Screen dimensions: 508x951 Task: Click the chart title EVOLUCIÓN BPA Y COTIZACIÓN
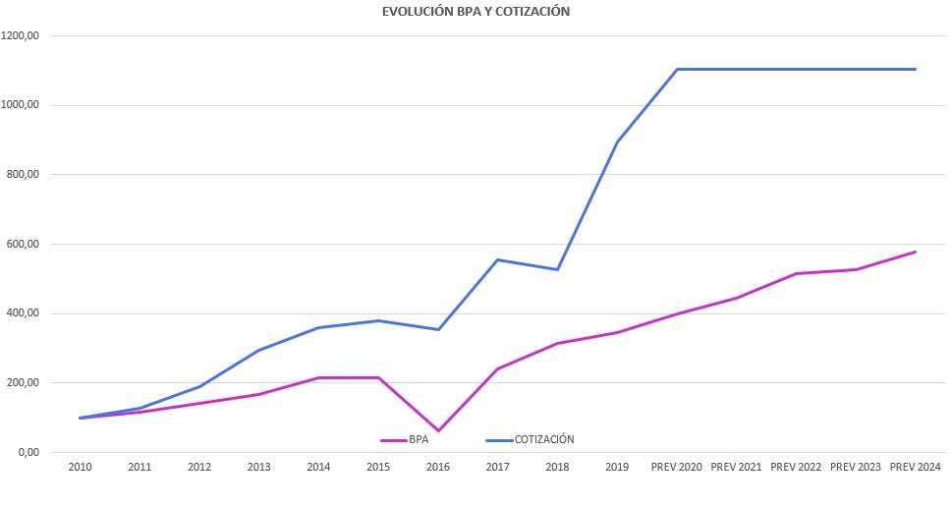point(475,12)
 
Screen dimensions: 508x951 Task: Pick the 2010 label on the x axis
point(80,467)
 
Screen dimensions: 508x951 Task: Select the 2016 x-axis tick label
point(438,467)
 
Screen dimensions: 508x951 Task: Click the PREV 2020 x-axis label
point(677,467)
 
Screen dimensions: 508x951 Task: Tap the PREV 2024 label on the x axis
point(916,467)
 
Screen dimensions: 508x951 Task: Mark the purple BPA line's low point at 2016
point(438,431)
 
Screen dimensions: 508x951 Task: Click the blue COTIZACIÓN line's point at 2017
point(498,259)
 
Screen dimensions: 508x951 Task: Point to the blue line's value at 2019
point(617,142)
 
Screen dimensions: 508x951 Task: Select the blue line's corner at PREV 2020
point(677,70)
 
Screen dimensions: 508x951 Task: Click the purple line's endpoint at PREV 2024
point(916,252)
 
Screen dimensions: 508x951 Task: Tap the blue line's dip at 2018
point(557,269)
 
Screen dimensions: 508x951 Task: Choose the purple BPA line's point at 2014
point(318,377)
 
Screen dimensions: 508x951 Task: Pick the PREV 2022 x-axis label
point(796,467)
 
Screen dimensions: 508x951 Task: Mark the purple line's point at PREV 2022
point(796,273)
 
